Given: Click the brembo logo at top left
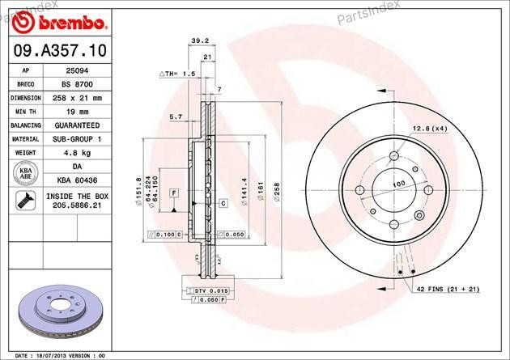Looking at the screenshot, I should pos(57,19).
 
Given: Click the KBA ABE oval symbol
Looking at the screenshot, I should pos(24,173).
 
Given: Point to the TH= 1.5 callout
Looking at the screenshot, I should pos(180,74).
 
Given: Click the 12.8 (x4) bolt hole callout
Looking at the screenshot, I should pos(430,128).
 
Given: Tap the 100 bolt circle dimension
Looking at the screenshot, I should pos(398,184).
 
